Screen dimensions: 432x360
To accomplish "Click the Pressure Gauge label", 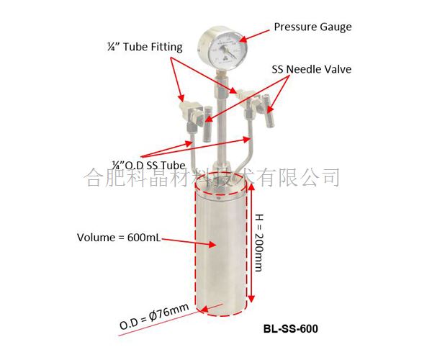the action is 312,27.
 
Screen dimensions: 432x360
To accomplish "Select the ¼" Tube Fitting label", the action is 145,47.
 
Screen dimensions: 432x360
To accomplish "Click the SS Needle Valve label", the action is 312,69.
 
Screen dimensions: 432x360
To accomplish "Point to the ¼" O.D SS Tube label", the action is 148,166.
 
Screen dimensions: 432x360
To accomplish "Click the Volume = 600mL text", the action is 119,238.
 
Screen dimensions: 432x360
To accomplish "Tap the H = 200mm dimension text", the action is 259,243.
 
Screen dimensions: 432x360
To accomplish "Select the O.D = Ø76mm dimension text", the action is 154,316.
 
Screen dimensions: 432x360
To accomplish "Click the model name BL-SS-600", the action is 290,328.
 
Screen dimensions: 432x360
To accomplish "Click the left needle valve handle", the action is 207,124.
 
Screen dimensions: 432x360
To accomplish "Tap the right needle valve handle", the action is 269,111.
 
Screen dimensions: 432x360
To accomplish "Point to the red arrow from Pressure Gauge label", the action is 254,36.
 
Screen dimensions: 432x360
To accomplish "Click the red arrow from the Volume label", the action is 189,242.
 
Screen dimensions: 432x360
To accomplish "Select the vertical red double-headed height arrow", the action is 251,243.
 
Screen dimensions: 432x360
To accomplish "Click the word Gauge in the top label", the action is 336,27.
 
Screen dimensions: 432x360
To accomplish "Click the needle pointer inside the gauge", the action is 230,52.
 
